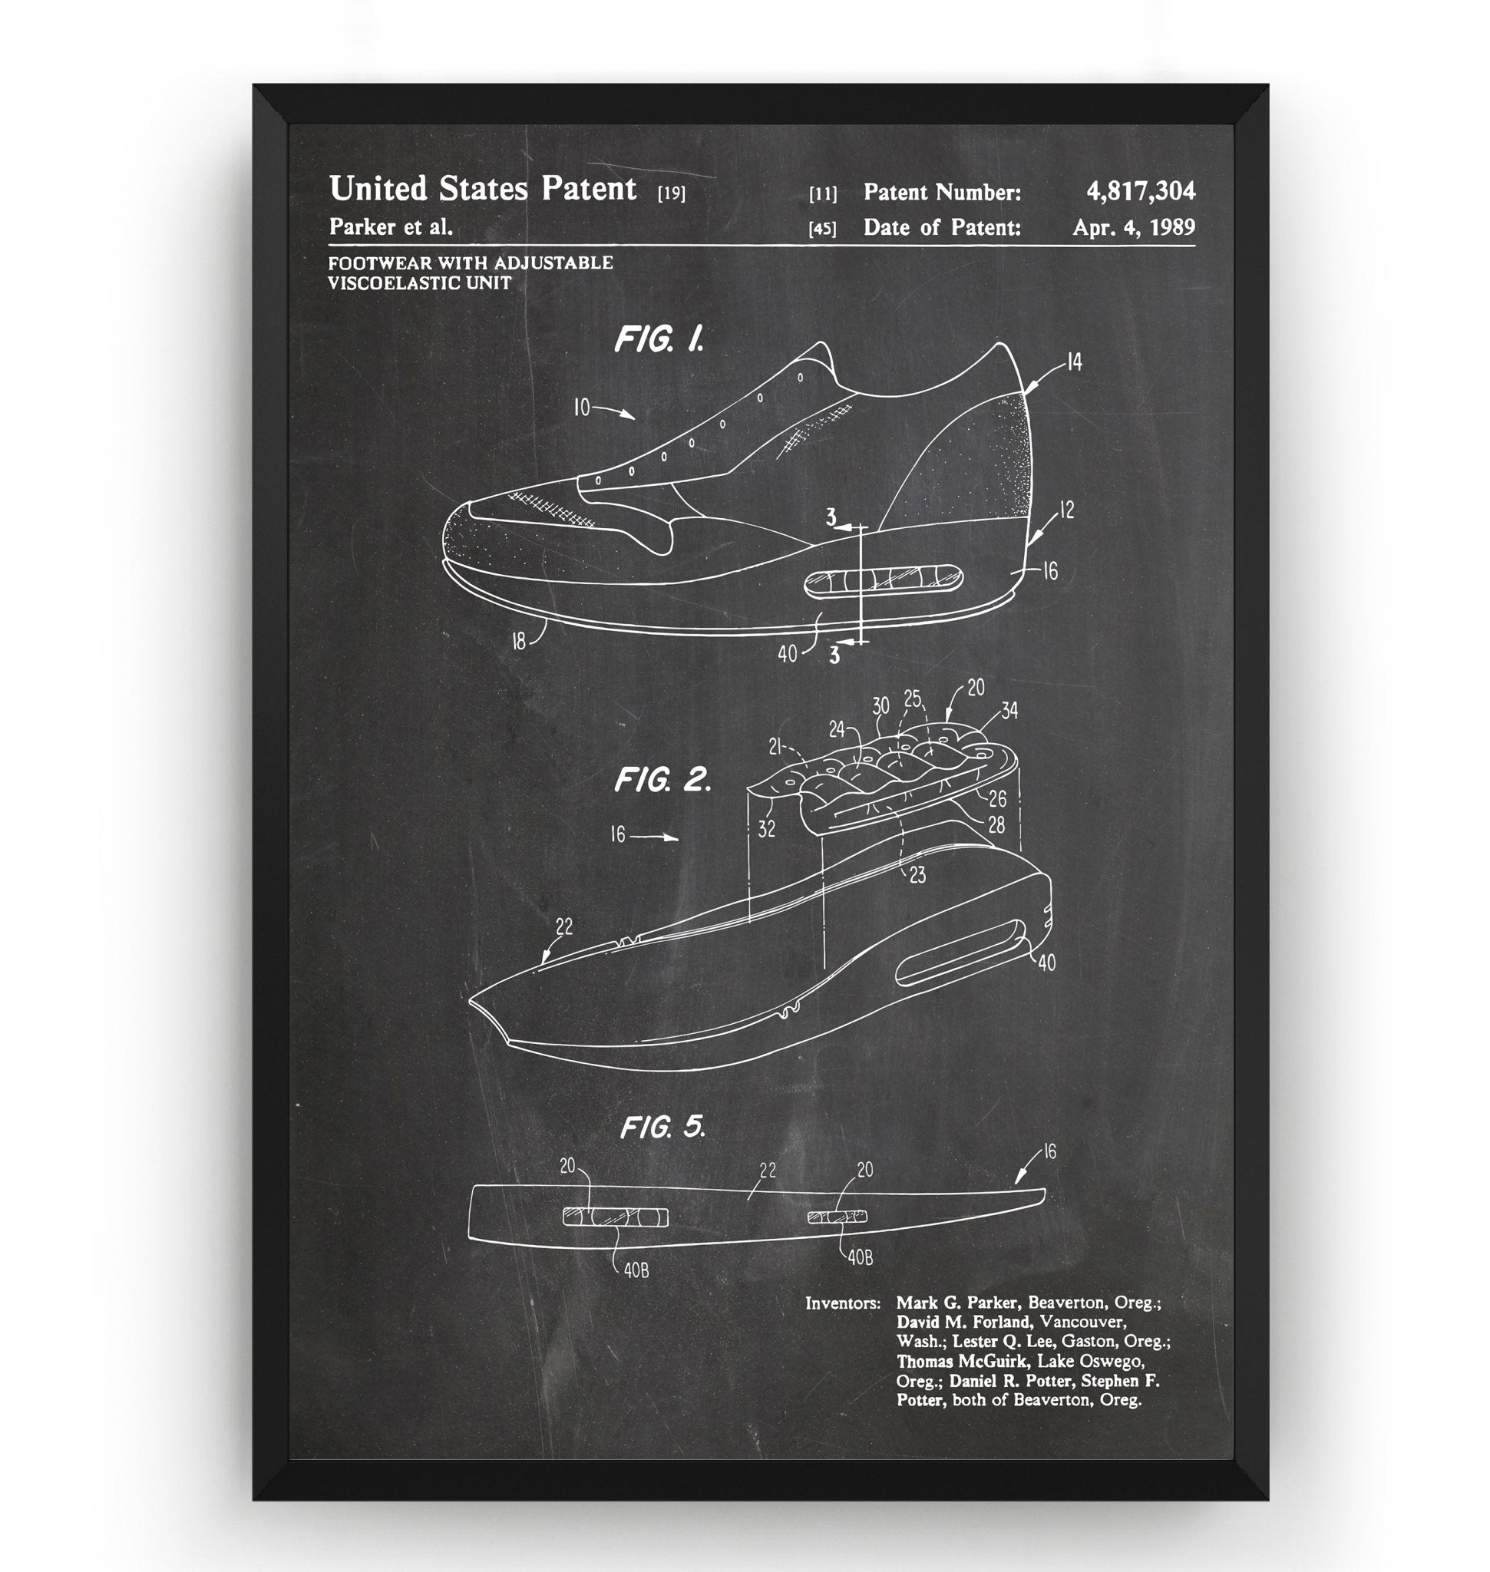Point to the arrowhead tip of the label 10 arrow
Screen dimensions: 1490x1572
(636, 418)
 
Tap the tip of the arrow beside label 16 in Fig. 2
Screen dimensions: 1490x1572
(679, 837)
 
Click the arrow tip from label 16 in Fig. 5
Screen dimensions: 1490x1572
(1017, 1186)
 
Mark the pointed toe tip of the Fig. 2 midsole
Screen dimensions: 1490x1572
(468, 1001)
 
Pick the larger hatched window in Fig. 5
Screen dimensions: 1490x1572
(616, 1217)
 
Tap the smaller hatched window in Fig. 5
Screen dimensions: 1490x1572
(838, 1216)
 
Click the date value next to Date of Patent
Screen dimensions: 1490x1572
(1133, 227)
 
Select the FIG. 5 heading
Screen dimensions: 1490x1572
(662, 1127)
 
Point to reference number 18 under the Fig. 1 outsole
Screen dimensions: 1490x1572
(519, 640)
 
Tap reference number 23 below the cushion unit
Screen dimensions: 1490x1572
(917, 875)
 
